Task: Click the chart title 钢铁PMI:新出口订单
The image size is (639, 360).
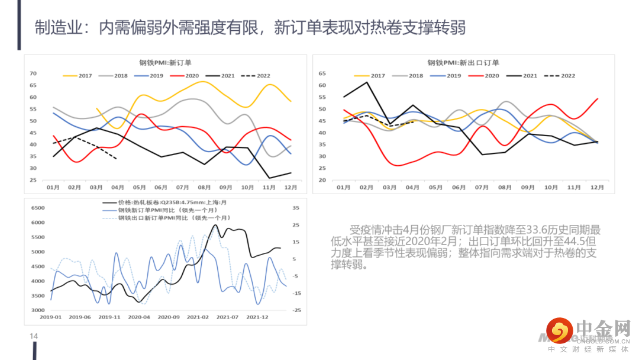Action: click(463, 63)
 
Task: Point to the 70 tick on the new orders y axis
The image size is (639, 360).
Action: click(33, 74)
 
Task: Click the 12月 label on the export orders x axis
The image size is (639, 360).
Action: click(597, 187)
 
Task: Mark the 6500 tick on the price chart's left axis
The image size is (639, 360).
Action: click(37, 208)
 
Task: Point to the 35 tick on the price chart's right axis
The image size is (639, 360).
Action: click(296, 208)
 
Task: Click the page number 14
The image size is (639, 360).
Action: click(34, 336)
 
